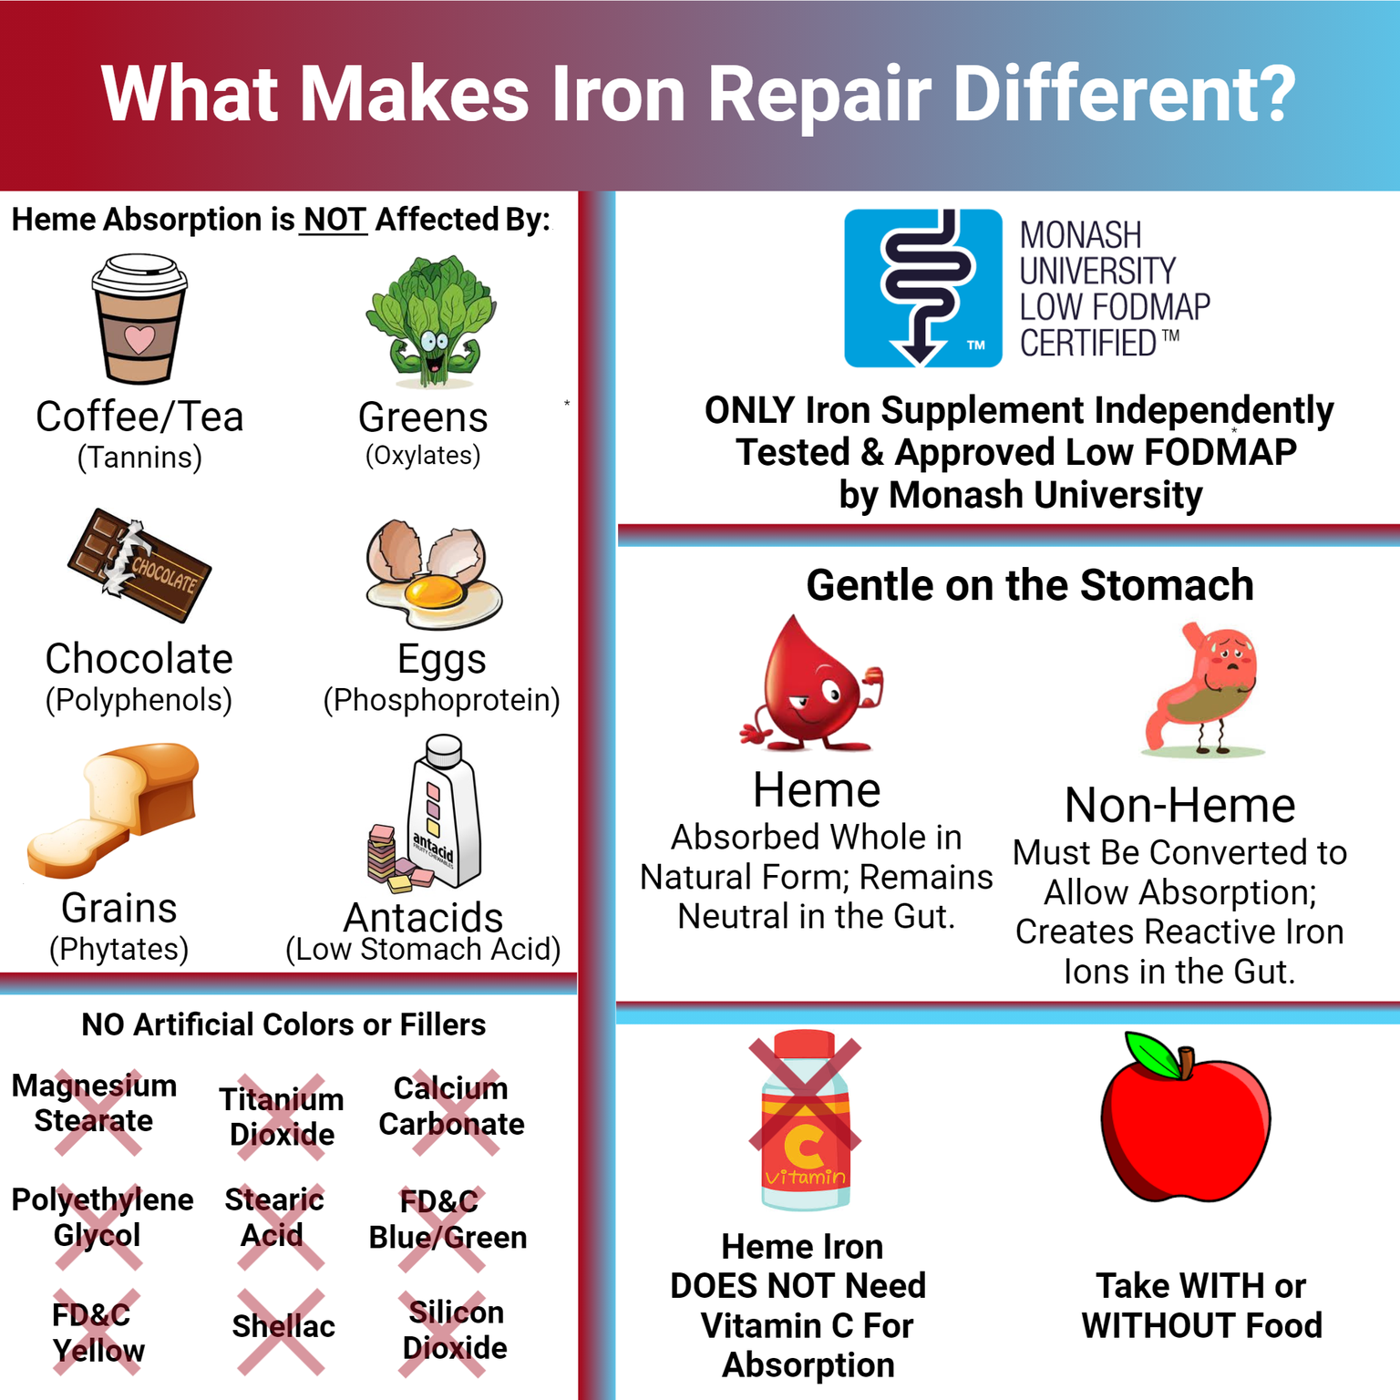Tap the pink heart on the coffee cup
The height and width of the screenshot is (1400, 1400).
139,339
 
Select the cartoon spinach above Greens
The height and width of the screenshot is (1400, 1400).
431,321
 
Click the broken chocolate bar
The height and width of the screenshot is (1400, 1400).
139,566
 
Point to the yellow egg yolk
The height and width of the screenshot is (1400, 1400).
434,593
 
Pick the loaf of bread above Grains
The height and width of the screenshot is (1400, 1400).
114,807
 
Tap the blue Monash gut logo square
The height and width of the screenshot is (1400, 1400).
922,288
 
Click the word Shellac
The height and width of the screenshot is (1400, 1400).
283,1326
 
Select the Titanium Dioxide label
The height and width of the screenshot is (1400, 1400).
282,1117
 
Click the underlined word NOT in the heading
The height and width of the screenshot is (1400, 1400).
334,220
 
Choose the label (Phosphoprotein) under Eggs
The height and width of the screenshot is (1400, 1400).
441,700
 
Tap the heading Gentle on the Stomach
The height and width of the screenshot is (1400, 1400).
1029,585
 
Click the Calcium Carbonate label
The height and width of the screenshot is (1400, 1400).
451,1106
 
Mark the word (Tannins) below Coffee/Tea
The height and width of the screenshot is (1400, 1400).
139,457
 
